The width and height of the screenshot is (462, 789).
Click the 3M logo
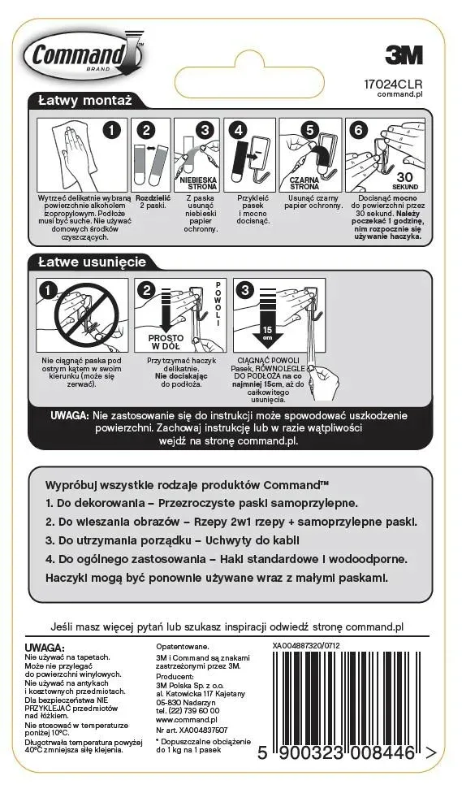(x=403, y=55)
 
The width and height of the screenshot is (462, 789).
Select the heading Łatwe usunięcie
(x=92, y=262)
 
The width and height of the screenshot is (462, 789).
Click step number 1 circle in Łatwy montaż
(x=114, y=129)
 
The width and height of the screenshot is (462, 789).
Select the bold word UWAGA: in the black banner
(x=70, y=414)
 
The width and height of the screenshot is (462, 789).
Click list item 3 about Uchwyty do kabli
(x=172, y=540)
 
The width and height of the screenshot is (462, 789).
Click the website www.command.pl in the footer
(x=186, y=719)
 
